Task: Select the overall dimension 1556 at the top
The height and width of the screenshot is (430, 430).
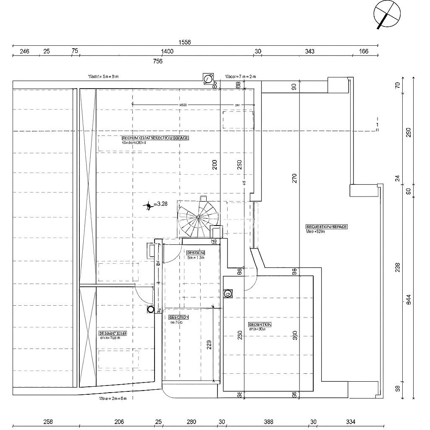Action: click(184, 42)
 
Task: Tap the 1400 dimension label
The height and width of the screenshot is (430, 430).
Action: click(167, 52)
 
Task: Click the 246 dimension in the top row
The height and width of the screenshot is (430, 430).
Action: click(24, 52)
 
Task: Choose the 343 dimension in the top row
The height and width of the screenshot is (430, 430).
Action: click(309, 52)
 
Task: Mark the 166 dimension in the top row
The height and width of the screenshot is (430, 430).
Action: click(364, 52)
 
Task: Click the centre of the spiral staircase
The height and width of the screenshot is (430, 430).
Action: click(198, 217)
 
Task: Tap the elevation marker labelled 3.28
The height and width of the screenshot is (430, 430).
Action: click(148, 205)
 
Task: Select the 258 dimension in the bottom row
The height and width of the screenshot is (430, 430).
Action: click(48, 422)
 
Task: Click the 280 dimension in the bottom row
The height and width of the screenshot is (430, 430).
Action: click(191, 422)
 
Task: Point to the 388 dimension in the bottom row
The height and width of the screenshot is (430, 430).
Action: click(268, 422)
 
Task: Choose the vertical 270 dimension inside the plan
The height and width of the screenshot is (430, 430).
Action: click(294, 178)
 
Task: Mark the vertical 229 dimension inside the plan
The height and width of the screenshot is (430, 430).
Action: click(209, 344)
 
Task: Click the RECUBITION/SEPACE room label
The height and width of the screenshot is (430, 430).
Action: click(321, 227)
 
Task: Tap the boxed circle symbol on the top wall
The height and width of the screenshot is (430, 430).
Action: click(207, 79)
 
